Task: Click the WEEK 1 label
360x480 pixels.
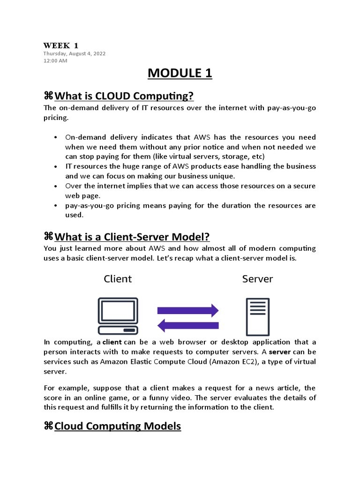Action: click(61, 45)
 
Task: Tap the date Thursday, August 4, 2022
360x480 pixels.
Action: click(75, 53)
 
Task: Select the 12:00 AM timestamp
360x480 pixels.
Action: click(55, 60)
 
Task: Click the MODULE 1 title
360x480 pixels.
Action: click(180, 74)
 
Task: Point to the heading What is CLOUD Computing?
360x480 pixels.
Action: click(124, 96)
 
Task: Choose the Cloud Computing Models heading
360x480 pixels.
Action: click(118, 426)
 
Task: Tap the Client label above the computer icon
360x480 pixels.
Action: click(118, 279)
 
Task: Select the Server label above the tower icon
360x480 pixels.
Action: click(257, 279)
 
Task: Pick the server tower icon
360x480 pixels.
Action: click(258, 316)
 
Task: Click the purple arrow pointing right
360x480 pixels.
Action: click(187, 310)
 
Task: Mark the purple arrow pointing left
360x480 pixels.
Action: click(187, 325)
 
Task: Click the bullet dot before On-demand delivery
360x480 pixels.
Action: click(56, 137)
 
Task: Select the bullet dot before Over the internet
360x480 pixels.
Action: click(56, 186)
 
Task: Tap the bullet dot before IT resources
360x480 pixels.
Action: click(56, 166)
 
